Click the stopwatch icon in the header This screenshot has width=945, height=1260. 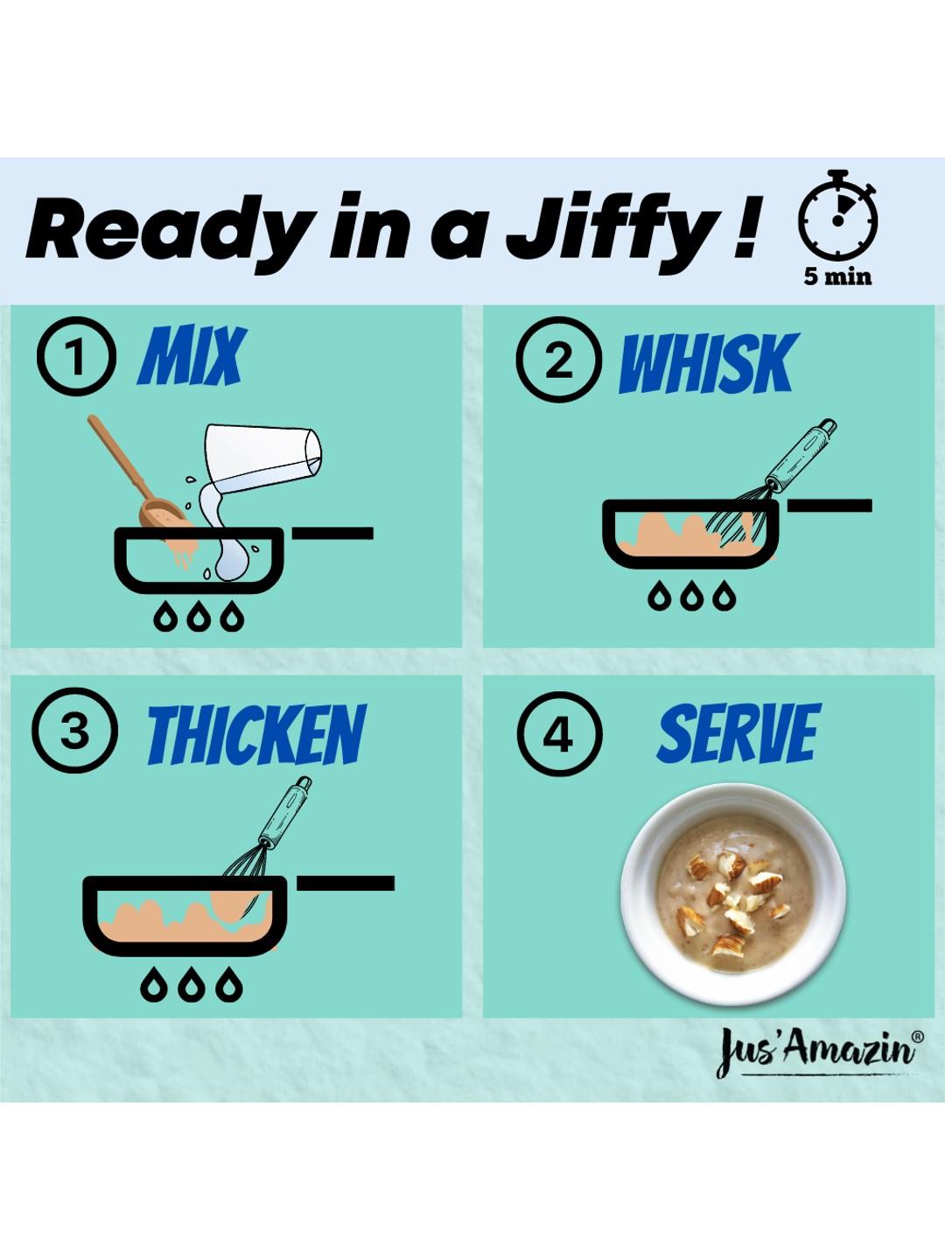tap(837, 215)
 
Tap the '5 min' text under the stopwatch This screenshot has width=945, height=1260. tap(837, 276)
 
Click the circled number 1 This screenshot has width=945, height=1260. tap(76, 356)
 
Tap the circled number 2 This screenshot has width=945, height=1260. tap(558, 360)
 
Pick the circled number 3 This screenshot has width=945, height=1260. tap(74, 730)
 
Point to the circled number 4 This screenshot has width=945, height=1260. tap(559, 734)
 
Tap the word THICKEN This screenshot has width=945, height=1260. tap(256, 734)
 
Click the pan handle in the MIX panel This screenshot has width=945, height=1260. tap(332, 533)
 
